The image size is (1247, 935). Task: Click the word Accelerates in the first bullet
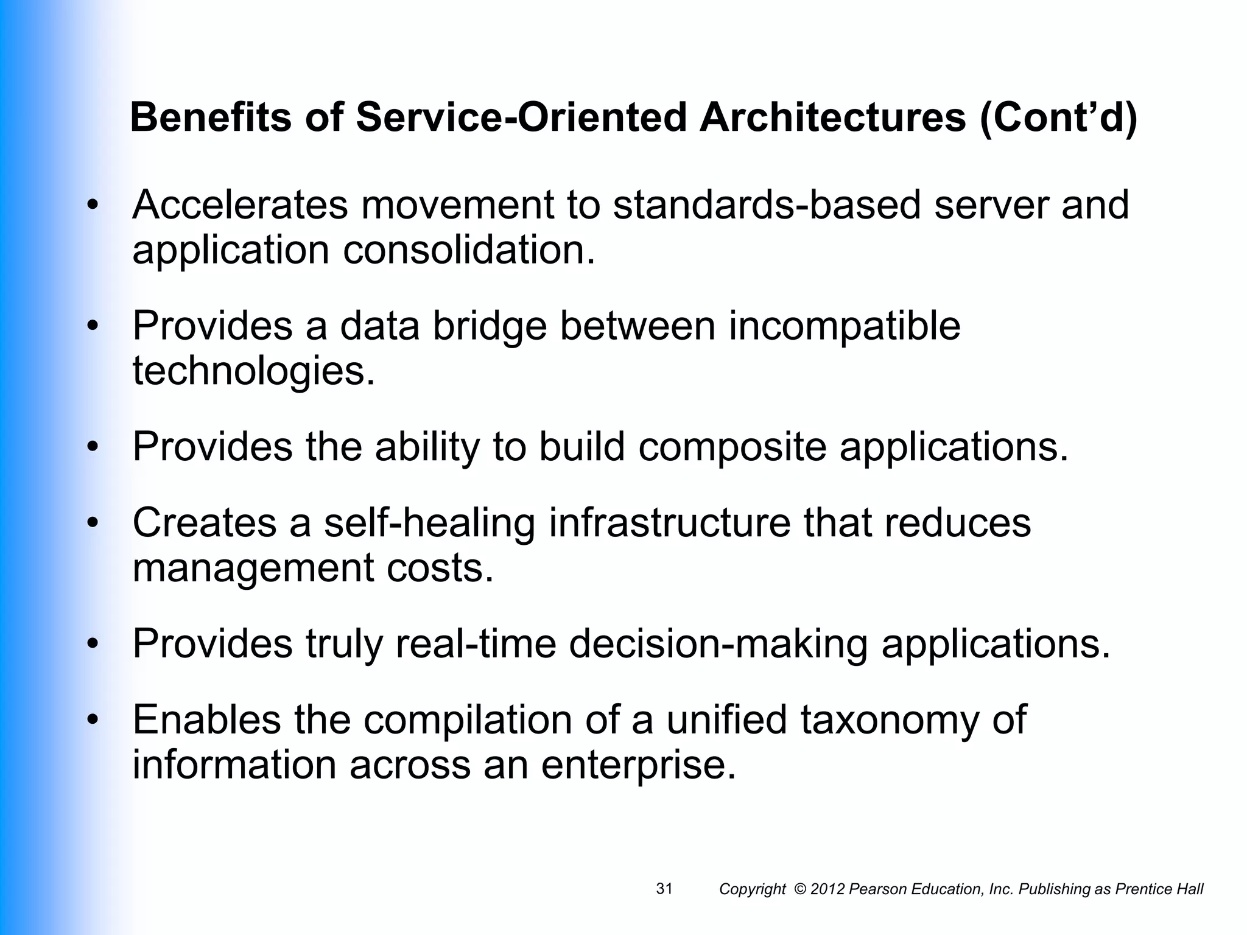(240, 205)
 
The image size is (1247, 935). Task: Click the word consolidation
(468, 250)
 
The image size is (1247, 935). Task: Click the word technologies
(253, 371)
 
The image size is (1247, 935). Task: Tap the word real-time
(476, 643)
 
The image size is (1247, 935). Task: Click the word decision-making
(718, 643)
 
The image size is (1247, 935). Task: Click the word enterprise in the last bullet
(639, 765)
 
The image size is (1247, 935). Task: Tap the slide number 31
(664, 889)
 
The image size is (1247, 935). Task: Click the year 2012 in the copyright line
(827, 890)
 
